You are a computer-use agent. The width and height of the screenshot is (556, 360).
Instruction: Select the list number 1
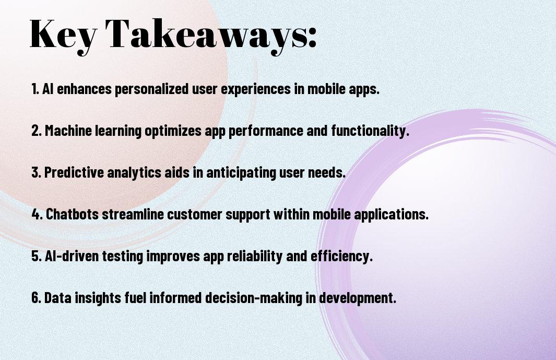(x=35, y=89)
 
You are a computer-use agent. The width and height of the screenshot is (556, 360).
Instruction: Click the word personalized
(x=151, y=89)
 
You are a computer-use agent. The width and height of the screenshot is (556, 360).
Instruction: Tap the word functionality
(x=370, y=131)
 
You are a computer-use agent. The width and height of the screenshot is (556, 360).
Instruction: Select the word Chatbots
(x=73, y=214)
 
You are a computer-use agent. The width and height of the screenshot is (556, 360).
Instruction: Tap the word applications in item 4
(x=392, y=214)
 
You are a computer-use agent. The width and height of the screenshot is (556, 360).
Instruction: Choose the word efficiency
(x=342, y=256)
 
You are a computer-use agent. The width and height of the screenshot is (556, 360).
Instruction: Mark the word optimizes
(x=173, y=131)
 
